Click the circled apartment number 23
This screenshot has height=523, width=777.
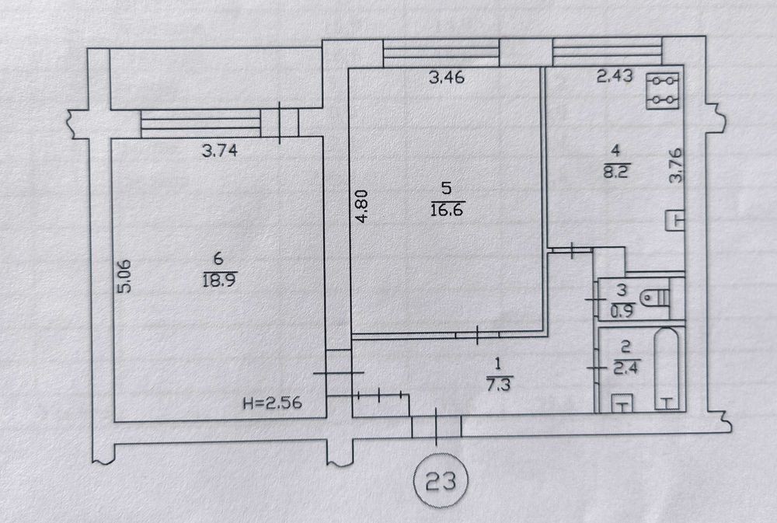(x=440, y=480)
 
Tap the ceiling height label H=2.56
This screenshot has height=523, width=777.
(x=272, y=402)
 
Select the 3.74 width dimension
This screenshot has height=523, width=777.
(x=220, y=150)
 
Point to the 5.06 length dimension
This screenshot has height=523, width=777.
(x=126, y=276)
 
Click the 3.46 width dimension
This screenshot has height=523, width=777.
(x=447, y=78)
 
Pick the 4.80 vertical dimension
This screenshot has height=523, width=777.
(x=362, y=206)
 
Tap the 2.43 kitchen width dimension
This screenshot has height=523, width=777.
(x=615, y=76)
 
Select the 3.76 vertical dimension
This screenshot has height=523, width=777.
(x=675, y=166)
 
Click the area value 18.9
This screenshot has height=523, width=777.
(x=220, y=281)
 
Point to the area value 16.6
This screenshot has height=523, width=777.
(x=447, y=210)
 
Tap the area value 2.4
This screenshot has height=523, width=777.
(x=625, y=368)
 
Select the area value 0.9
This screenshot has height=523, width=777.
(x=622, y=312)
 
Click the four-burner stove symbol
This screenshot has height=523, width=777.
(x=663, y=91)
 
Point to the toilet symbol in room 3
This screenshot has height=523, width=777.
(x=655, y=298)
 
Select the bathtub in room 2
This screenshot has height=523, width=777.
(x=667, y=369)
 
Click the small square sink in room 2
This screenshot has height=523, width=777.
(x=622, y=403)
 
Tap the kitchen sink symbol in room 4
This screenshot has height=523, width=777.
(x=675, y=220)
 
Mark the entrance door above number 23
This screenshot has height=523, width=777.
(x=437, y=427)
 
